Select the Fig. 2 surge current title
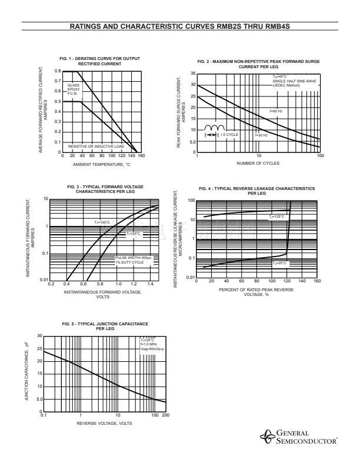[258, 64]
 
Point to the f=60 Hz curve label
[276, 111]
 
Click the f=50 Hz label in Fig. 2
[261, 135]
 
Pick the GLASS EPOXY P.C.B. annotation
[74, 89]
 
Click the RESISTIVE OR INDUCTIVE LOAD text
[96, 145]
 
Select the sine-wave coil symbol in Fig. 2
[215, 128]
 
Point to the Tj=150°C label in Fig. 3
[102, 222]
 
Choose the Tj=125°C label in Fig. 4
[276, 217]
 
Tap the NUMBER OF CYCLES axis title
[258, 162]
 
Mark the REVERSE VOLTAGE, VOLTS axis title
[104, 422]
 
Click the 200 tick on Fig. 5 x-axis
[165, 415]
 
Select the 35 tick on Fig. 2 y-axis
[192, 74]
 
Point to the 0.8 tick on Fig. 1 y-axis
[58, 71]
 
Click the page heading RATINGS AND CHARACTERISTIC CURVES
[180, 26]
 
